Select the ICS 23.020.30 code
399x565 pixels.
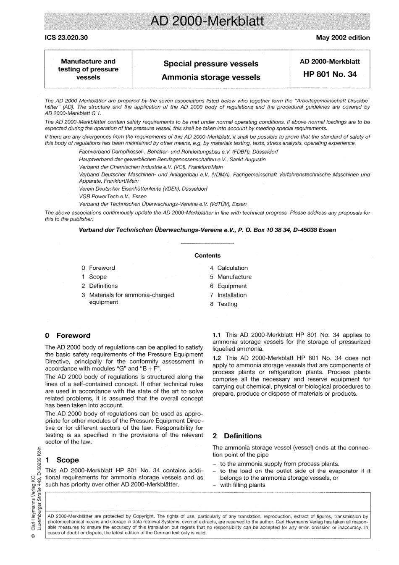point(66,38)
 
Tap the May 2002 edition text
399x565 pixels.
point(343,38)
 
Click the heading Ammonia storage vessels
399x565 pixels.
point(211,77)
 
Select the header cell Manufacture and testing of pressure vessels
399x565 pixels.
point(88,69)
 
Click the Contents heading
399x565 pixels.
point(207,255)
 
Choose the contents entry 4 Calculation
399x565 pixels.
point(229,268)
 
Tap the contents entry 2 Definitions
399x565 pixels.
point(100,286)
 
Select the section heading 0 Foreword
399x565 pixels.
point(68,336)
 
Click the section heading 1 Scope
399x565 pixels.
point(62,460)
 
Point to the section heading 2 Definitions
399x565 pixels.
point(237,436)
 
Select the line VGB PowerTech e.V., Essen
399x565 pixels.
point(113,196)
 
